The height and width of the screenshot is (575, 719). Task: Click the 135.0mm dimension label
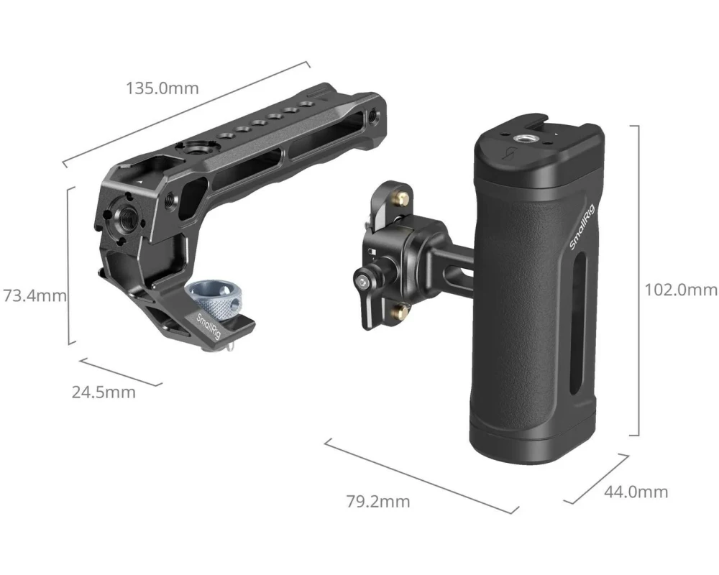click(162, 88)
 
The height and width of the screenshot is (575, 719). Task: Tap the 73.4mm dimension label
click(35, 295)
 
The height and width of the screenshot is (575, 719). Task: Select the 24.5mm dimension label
click(104, 392)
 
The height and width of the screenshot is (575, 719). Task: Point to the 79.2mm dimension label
click(378, 502)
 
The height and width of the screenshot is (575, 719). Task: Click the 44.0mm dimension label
click(636, 492)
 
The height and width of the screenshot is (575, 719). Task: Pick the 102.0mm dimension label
click(681, 290)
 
